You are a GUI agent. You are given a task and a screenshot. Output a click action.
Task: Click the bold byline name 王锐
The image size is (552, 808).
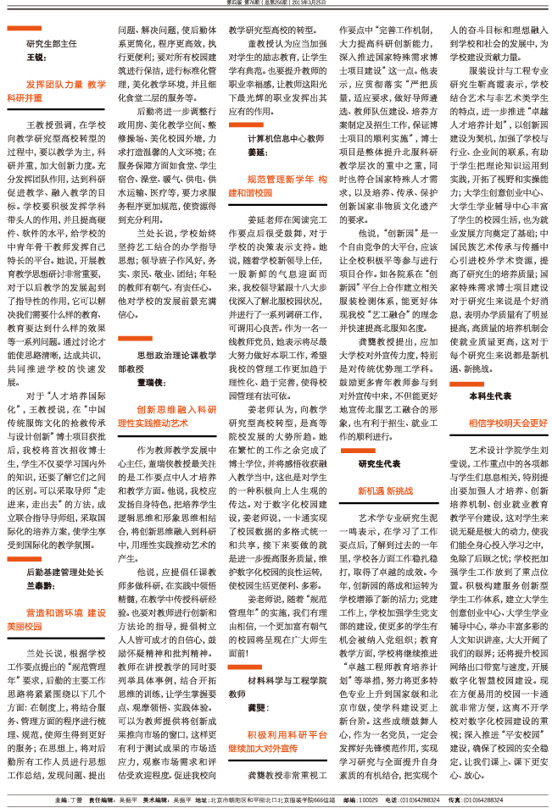(35, 58)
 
